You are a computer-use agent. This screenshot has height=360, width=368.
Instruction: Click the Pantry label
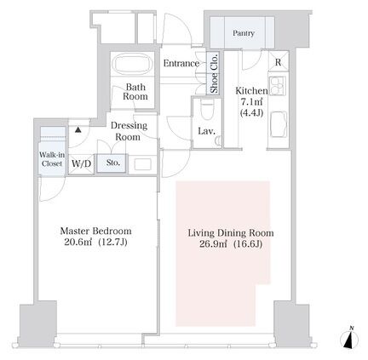[x=244, y=33]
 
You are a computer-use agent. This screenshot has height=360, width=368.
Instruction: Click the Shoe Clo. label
[x=214, y=73]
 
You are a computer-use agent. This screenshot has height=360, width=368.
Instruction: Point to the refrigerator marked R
[x=279, y=61]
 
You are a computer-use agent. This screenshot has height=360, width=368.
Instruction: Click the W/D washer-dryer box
[x=81, y=163]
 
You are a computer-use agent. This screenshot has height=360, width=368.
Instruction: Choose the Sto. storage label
[x=113, y=163]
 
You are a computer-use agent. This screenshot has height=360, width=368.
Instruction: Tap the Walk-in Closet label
[x=52, y=159]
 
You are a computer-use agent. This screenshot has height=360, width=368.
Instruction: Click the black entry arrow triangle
[x=78, y=130]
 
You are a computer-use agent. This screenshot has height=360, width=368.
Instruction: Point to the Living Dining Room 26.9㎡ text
[x=213, y=244]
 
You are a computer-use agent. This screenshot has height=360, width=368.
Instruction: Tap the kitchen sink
[x=279, y=124]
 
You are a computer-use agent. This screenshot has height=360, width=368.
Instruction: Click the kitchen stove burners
[x=277, y=86]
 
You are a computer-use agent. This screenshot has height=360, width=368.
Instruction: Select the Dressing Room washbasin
[x=142, y=164]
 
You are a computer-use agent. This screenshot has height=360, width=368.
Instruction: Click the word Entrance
[x=181, y=63]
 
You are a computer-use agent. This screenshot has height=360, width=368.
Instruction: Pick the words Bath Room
[x=135, y=92]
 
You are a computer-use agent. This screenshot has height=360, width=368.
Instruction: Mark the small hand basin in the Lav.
[x=218, y=140]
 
